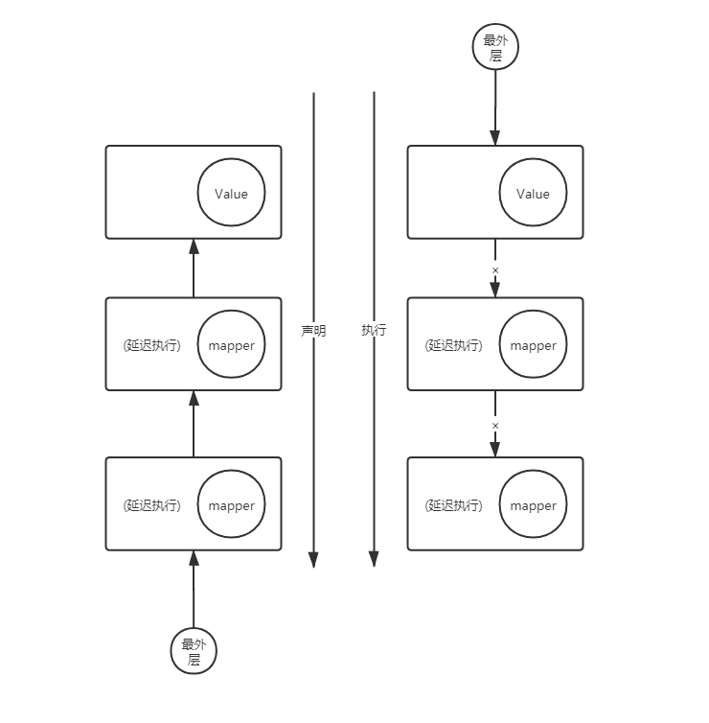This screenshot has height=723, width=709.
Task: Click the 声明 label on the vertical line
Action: [x=313, y=331]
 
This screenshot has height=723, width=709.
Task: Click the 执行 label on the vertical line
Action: [x=374, y=330]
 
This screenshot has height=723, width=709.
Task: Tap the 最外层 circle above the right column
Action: [x=495, y=47]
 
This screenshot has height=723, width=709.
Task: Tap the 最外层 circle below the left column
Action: [x=194, y=652]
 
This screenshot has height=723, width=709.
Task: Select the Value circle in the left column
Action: [x=231, y=194]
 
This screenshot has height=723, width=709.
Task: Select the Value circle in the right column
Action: [x=533, y=194]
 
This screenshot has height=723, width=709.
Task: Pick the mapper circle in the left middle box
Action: [x=231, y=345]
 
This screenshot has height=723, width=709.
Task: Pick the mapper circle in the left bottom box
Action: [x=231, y=505]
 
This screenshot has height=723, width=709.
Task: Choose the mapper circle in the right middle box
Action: [x=533, y=345]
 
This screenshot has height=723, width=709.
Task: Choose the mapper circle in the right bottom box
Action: [x=533, y=505]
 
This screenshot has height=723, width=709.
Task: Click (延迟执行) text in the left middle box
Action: [x=152, y=345]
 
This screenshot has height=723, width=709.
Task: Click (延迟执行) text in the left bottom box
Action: [x=152, y=505]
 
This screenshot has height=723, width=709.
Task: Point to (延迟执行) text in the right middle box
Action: [x=454, y=345]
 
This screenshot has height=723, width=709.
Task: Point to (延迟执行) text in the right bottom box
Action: [x=454, y=505]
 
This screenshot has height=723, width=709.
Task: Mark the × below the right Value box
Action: [x=495, y=269]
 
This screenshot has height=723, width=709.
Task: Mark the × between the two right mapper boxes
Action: [x=495, y=424]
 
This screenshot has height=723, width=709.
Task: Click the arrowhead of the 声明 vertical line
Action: [x=313, y=560]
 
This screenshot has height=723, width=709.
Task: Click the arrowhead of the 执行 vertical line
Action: [x=374, y=560]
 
